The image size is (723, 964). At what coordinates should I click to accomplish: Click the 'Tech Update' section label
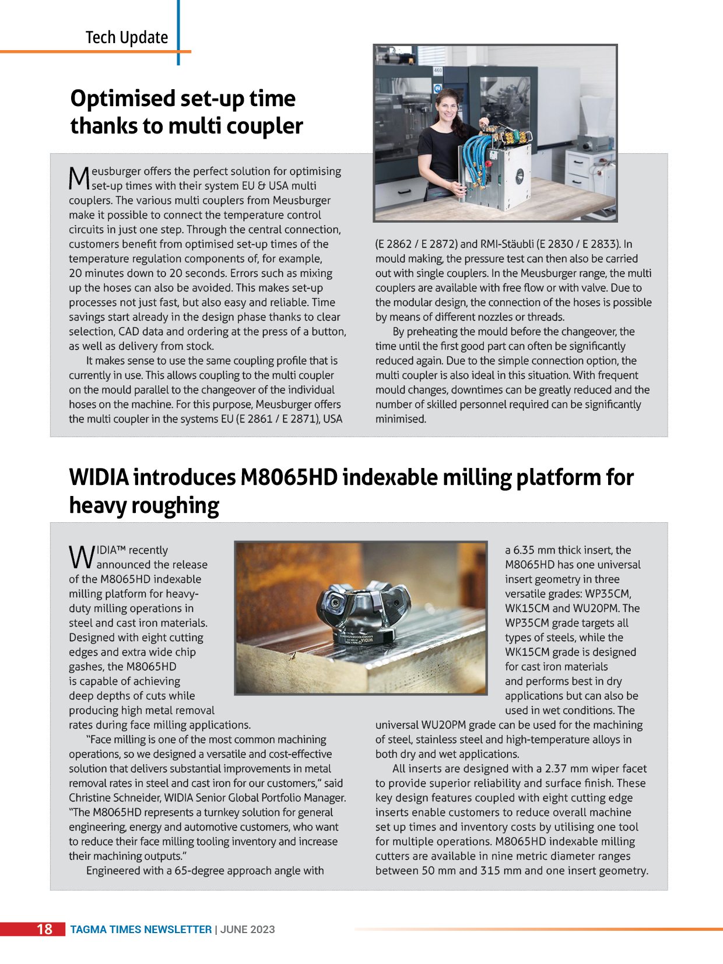coord(127,38)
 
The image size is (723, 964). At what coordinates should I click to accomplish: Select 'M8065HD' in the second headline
coord(289,477)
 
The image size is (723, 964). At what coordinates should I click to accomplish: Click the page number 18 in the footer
coord(44,929)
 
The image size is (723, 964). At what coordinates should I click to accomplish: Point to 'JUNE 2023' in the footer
coord(248,930)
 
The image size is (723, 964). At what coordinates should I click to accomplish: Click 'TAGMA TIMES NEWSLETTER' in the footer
coord(141,930)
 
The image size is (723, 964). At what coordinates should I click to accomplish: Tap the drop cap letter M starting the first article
coord(79,178)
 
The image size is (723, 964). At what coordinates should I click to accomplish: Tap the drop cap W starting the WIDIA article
coord(81,557)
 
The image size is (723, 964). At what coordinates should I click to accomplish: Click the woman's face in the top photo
coord(445,107)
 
